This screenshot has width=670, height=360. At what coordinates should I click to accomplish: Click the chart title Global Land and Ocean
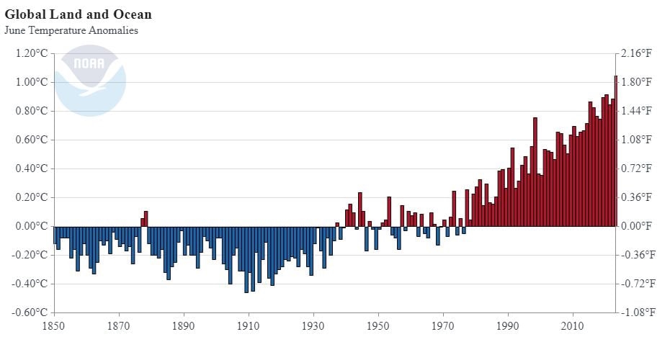point(78,14)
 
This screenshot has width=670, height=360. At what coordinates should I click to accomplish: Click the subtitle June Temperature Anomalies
point(71,30)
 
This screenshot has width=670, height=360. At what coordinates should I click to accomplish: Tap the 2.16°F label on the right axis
point(638,53)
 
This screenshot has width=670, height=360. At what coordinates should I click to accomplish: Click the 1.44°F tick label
point(638,111)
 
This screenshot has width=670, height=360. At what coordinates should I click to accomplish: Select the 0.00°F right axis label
point(638,226)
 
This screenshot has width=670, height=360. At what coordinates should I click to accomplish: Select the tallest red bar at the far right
point(615,151)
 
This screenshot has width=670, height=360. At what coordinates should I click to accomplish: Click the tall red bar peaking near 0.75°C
point(535,173)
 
